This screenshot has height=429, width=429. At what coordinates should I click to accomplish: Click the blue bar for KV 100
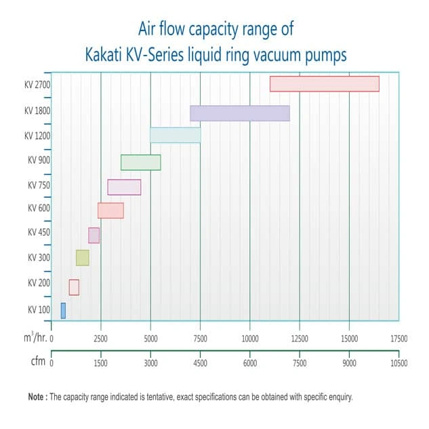click(63, 310)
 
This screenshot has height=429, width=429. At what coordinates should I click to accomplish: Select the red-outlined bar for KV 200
click(74, 287)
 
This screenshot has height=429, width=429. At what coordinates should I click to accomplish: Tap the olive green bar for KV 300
click(82, 258)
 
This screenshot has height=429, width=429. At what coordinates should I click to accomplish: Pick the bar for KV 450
click(94, 235)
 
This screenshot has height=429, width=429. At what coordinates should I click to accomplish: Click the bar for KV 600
click(110, 210)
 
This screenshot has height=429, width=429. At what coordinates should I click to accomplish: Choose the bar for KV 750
click(124, 187)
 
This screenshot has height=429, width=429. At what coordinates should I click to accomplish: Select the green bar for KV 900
click(140, 163)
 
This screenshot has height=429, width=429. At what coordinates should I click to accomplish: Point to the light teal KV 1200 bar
click(175, 135)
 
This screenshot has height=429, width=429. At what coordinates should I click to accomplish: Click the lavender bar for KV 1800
click(239, 113)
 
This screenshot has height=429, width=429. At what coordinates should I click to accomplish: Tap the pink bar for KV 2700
click(324, 83)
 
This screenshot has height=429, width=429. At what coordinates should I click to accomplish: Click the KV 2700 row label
click(37, 85)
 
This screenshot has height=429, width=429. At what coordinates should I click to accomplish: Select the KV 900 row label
click(39, 161)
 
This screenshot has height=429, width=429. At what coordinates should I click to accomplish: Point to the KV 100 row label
click(39, 310)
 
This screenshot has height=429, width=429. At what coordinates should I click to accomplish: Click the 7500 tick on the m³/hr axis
click(200, 338)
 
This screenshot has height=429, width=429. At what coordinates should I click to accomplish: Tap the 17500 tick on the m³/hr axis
click(399, 338)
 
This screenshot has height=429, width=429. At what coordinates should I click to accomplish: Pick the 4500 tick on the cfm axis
click(200, 363)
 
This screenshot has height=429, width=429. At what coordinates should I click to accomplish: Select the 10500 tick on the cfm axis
click(399, 363)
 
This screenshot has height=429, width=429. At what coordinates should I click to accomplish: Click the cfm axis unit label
click(37, 361)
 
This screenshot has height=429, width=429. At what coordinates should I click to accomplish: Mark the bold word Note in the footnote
click(37, 396)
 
